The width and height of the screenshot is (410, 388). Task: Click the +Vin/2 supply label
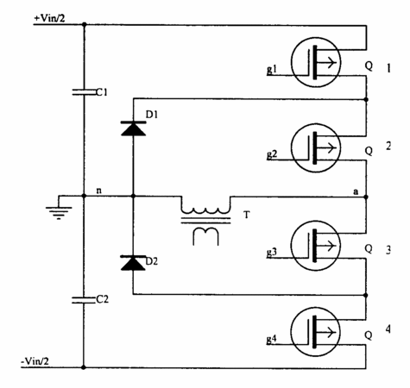(x=49, y=18)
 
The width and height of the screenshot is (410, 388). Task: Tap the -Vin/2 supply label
(x=35, y=361)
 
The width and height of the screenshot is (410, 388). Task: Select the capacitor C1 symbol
(x=84, y=92)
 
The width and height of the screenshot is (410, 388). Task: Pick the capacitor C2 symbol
(x=84, y=300)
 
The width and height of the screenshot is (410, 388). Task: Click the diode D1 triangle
(x=133, y=128)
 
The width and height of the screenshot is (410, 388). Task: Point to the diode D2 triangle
(x=133, y=263)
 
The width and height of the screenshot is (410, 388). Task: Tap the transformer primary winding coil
(x=205, y=209)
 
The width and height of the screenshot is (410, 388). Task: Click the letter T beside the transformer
(x=247, y=215)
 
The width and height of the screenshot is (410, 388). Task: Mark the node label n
(x=98, y=191)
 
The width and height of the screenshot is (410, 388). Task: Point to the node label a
(x=356, y=191)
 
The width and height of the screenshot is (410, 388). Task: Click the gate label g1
(x=272, y=69)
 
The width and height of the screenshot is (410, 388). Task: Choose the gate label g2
(x=272, y=154)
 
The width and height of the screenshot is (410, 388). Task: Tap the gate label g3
(x=272, y=252)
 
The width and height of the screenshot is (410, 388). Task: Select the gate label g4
(x=272, y=339)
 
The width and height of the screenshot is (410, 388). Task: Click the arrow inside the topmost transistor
(x=326, y=62)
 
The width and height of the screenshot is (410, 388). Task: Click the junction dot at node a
(x=366, y=197)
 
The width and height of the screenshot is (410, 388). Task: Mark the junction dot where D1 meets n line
(x=133, y=197)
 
